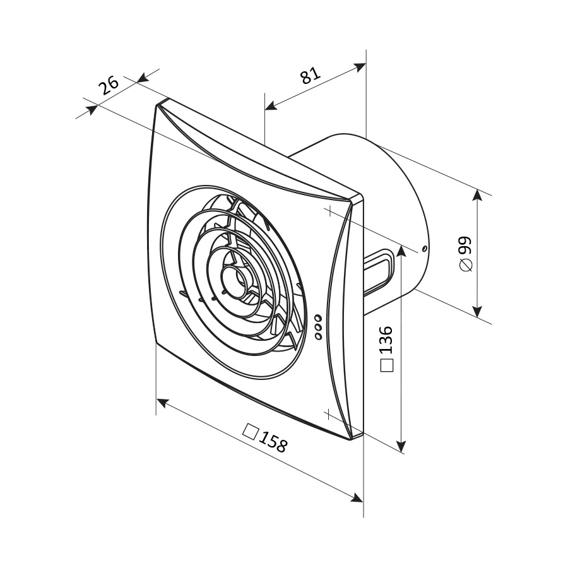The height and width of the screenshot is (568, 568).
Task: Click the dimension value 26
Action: (x=109, y=85)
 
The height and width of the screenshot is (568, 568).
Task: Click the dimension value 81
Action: (x=311, y=75)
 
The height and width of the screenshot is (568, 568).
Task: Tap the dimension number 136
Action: (x=386, y=340)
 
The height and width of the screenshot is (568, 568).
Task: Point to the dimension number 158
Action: (x=273, y=442)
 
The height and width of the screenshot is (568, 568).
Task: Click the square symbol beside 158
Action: (x=251, y=431)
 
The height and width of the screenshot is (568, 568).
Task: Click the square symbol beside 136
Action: (x=386, y=365)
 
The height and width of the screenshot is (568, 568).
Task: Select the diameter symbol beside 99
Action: (x=466, y=265)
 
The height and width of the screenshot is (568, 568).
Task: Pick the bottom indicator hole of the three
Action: (x=319, y=336)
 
